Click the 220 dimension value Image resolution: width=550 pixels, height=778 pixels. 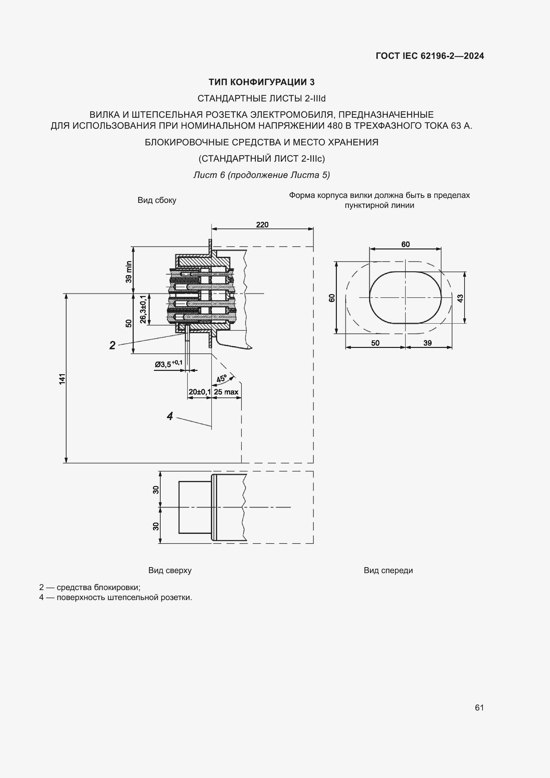pos(262,225)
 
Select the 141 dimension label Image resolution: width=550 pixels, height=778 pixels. pos(62,379)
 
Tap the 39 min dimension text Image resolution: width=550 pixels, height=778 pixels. pos(128,272)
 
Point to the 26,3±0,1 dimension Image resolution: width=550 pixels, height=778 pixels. pos(143,309)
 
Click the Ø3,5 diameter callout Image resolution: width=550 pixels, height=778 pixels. pos(168,364)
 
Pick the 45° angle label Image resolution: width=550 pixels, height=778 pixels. pos(221,379)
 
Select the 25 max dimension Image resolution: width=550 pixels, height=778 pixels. pos(226,392)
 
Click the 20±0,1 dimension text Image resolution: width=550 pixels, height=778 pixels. pos(200,392)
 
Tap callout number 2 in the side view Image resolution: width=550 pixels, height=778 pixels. pos(112,345)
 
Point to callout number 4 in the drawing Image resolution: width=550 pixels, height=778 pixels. pos(170,416)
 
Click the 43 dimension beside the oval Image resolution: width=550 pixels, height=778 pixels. pos(460,298)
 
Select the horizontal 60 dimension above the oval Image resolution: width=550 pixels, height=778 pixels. pos(405,244)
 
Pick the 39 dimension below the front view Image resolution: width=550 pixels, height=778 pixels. pos(427,343)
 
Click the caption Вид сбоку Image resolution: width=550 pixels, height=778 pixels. pos(157,200)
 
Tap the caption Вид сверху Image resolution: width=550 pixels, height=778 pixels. pos(170,570)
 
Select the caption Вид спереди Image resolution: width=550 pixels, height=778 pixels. pos(388,570)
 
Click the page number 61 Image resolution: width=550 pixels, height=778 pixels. pos(479,707)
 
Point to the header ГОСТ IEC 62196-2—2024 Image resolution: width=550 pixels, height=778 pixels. pos(429,56)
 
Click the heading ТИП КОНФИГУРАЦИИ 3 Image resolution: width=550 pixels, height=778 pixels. pos(261,82)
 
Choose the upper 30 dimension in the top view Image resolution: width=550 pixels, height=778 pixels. pos(156,490)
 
